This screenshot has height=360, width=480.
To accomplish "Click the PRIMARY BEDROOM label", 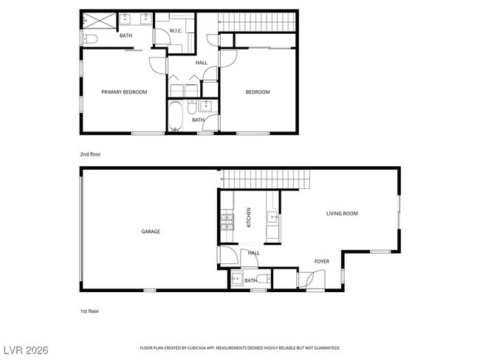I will (x=124, y=92).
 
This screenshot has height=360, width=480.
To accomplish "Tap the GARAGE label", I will (x=151, y=232).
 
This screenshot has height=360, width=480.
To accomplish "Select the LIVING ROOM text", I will (x=342, y=214).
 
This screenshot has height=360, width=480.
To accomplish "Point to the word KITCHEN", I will (x=249, y=216).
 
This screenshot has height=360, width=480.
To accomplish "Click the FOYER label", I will (x=322, y=261).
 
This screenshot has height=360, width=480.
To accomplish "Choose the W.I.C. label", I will (x=176, y=31).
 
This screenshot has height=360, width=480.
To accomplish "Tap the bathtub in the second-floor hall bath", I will (x=176, y=116).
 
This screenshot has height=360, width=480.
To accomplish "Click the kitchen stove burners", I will (x=226, y=219).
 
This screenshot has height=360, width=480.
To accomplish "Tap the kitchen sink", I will (x=272, y=217).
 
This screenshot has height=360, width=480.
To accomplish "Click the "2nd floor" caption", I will (x=90, y=154).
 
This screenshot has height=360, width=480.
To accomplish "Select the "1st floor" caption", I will (x=89, y=311).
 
